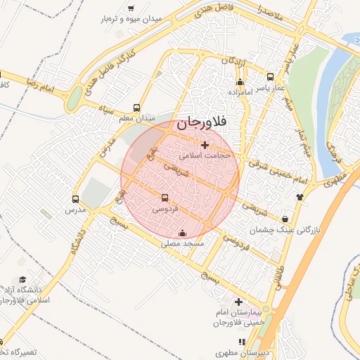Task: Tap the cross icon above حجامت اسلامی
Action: pos(205,145)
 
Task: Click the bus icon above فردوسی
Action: pos(165,198)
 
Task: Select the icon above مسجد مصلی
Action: pos(184,233)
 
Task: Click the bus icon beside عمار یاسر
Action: pos(271,77)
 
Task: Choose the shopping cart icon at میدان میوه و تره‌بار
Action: pos(131,8)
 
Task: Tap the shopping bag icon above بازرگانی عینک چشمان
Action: pos(285,219)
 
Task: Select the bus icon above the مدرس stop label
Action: pos(76,199)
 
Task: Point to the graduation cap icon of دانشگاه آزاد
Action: pos(22,280)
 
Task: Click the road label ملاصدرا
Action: pos(270,12)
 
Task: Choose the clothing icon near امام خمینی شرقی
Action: pos(300,197)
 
